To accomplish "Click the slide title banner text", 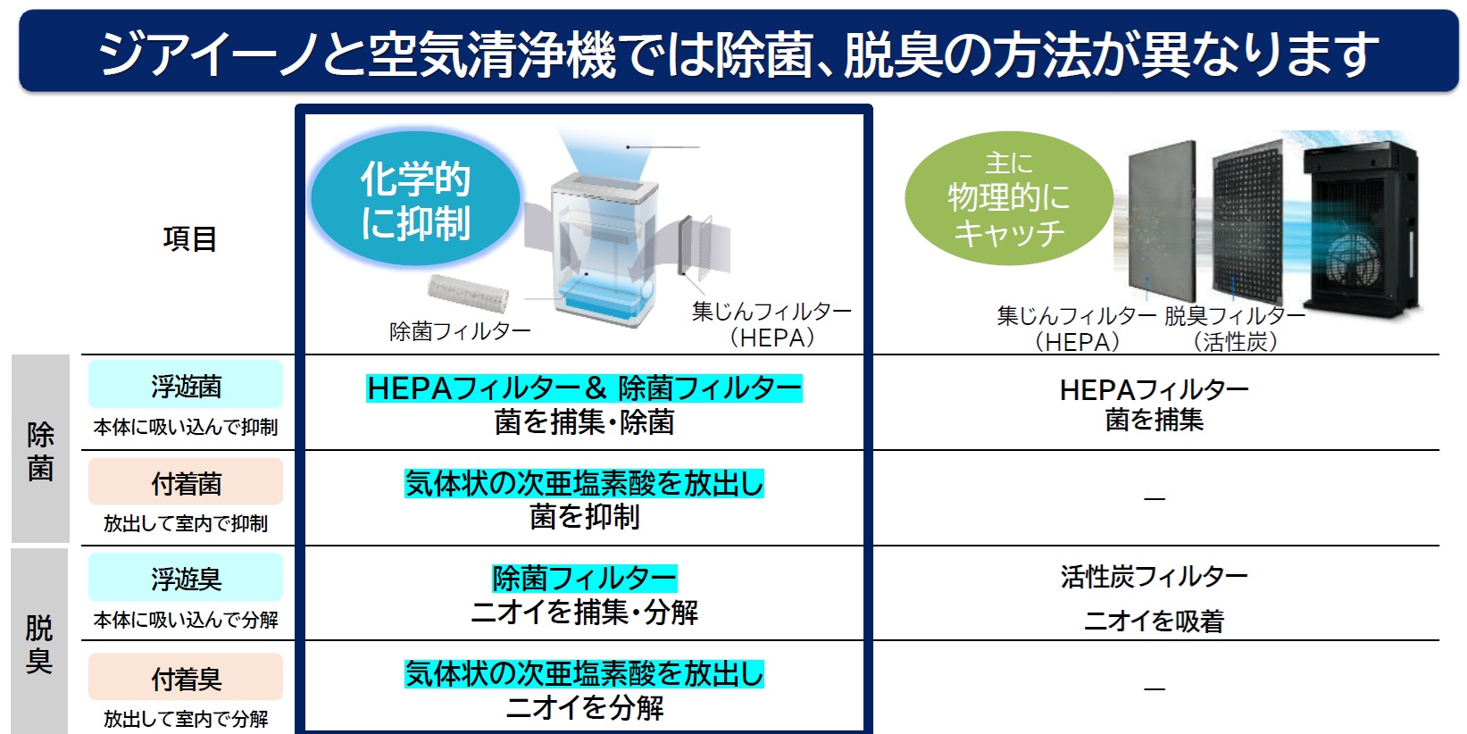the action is click(738, 53).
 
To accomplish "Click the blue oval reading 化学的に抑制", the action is click(415, 198).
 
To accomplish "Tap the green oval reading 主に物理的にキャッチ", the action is click(1009, 197).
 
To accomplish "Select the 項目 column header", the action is click(189, 239).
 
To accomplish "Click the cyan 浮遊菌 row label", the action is click(186, 386).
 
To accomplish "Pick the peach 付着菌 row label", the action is click(186, 483).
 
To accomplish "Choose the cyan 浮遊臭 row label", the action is click(186, 578).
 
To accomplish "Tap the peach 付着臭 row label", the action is click(186, 679).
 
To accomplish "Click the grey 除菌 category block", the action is click(40, 448).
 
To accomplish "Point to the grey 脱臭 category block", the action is click(39, 642).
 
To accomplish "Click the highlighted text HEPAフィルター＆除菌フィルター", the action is click(584, 388).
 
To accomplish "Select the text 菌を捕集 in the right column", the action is click(1154, 420).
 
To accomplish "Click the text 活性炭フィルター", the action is click(1154, 577).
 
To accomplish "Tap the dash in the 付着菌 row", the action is click(1154, 499).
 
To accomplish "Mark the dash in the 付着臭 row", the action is click(1154, 688).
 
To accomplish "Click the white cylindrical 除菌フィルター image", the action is click(468, 294).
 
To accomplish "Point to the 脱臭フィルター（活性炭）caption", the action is click(1235, 329).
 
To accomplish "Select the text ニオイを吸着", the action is click(1154, 621).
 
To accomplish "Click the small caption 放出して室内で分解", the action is click(186, 719).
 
